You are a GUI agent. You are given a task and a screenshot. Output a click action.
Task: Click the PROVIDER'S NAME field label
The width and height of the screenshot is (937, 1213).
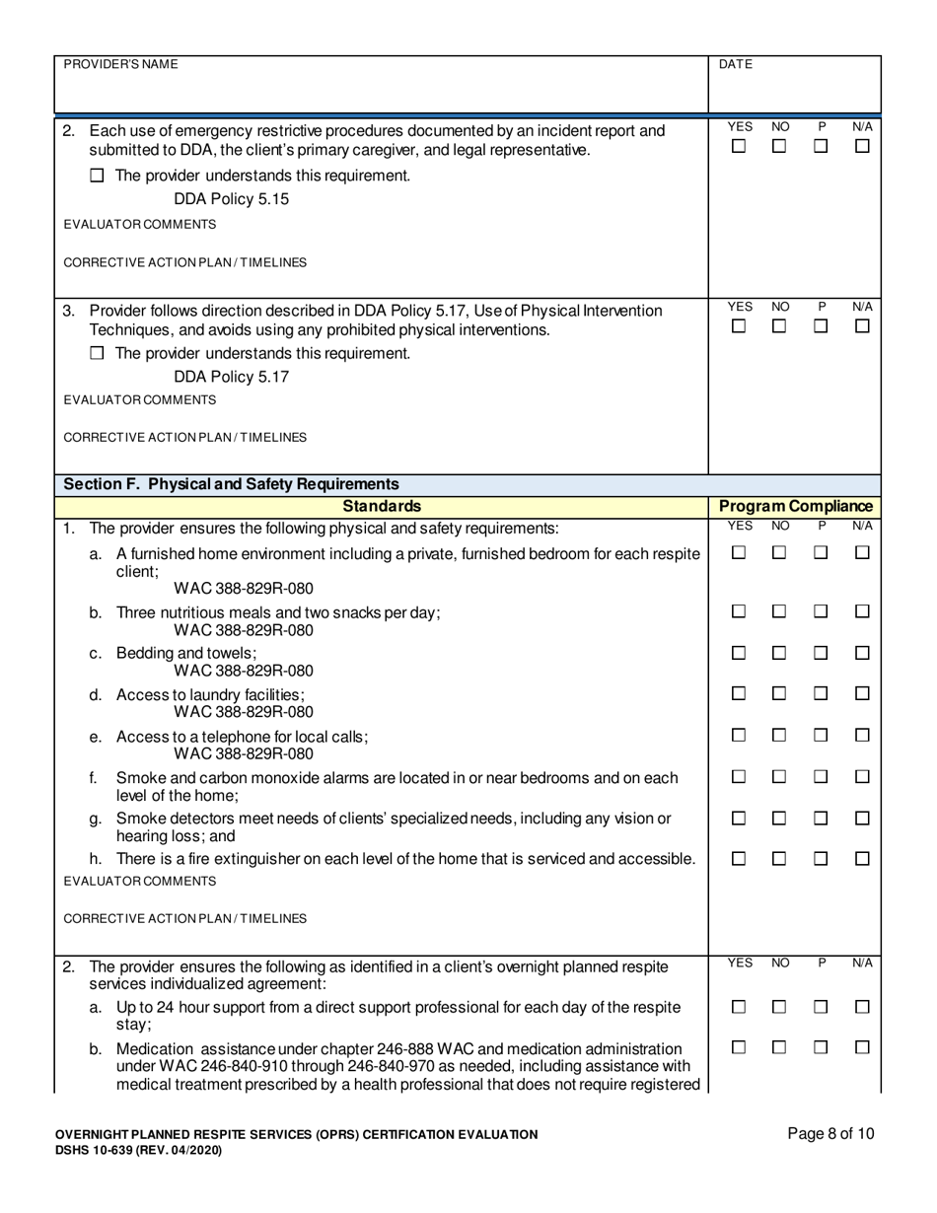point(121,64)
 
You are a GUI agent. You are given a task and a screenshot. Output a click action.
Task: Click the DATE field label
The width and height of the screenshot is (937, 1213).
point(736,64)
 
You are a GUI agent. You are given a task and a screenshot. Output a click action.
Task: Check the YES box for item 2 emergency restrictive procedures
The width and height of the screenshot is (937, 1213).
point(738,147)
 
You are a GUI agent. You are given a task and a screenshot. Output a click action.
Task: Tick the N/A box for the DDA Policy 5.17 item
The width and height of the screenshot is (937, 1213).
point(862,326)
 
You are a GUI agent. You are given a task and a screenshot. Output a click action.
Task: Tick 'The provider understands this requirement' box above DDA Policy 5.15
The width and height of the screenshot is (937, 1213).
point(97,177)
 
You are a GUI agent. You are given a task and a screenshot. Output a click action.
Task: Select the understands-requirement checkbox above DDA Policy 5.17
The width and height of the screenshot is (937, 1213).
point(97,354)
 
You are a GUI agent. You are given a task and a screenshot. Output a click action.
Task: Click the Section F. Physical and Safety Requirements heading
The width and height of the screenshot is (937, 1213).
point(231,484)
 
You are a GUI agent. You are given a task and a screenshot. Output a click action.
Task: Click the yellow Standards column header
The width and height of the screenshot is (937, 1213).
point(382,506)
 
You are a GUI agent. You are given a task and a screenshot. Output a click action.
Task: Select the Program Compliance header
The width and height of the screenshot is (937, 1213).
point(796,506)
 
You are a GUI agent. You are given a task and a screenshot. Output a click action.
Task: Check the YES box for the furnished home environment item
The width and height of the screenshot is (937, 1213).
point(738,554)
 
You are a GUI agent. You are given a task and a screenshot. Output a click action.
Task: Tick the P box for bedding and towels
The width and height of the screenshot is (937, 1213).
point(821,653)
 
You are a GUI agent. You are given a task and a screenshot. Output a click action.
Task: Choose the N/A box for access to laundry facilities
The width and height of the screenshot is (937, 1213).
point(862,694)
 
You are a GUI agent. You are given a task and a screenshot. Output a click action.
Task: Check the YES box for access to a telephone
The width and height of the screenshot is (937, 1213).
point(738,736)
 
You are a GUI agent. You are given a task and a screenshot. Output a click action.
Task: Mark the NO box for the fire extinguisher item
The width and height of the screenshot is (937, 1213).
point(779,859)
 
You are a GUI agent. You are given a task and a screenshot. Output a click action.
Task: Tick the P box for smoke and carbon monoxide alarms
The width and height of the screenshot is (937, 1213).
point(821,777)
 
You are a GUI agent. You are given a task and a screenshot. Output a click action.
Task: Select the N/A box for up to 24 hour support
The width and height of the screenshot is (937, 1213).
point(862,1007)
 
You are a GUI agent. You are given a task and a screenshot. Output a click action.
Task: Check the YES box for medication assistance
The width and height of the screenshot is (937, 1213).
point(738,1048)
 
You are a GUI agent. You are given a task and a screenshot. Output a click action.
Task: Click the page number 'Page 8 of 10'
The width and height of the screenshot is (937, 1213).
point(830,1134)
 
